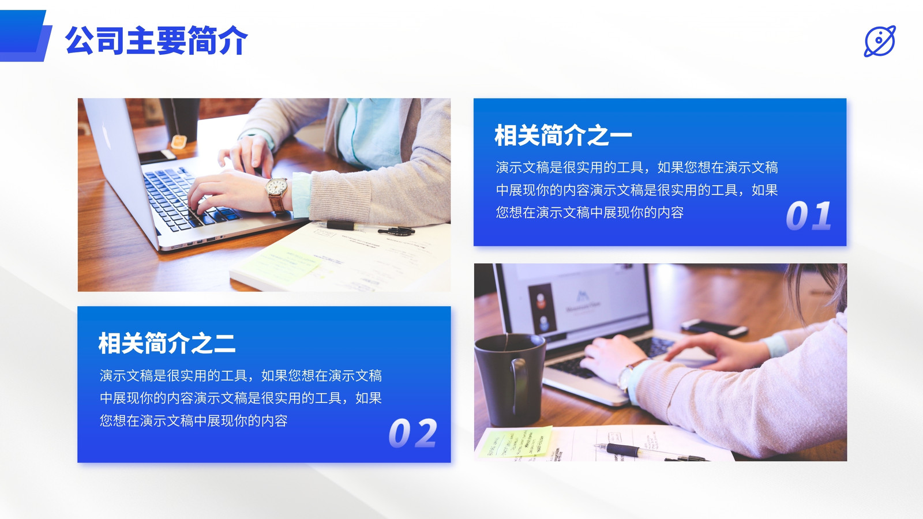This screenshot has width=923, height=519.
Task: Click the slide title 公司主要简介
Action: point(156,40)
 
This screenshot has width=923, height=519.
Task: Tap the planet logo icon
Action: point(879,41)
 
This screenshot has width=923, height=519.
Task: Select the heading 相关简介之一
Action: point(563,135)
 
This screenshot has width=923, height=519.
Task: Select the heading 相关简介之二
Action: point(167,343)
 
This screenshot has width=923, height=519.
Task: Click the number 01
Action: point(808,216)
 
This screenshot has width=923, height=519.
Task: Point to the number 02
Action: point(412,433)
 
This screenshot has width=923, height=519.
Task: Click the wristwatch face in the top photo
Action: point(276,188)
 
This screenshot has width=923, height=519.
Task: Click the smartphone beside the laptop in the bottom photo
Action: point(714,328)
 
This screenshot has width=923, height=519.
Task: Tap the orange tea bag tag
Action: point(179,141)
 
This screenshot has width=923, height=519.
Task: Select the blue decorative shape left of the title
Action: point(25,36)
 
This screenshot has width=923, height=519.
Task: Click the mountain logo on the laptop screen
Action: point(581,296)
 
